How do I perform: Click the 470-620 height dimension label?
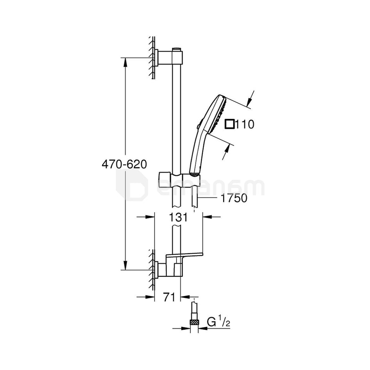pos(124,164)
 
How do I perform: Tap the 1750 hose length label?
pos(234,198)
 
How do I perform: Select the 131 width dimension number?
pos(178,217)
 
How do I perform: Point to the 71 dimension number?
pos(169,297)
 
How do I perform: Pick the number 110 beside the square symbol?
pos(245,124)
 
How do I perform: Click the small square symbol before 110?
pos(230,124)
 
